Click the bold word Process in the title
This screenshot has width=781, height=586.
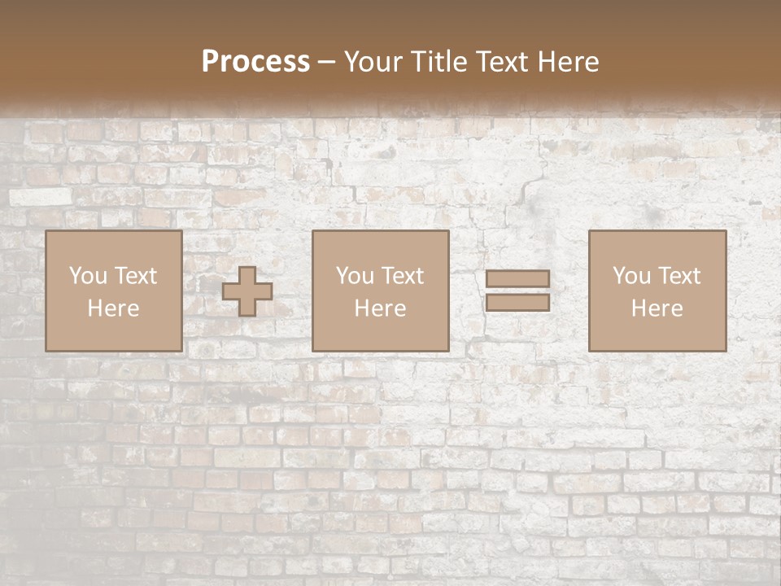click(x=255, y=61)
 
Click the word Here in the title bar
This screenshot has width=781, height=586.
click(x=569, y=61)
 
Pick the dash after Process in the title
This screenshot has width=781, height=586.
click(x=326, y=63)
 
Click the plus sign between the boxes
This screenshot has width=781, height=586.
click(x=247, y=291)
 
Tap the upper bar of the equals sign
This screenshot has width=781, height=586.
click(x=517, y=278)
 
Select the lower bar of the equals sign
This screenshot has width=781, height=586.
click(x=517, y=303)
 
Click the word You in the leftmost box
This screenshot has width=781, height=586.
click(x=88, y=276)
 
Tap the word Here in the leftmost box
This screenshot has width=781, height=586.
click(x=113, y=308)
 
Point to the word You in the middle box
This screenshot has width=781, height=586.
click(x=355, y=276)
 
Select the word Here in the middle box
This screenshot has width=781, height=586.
click(x=380, y=308)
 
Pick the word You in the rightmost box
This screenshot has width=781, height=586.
click(x=631, y=276)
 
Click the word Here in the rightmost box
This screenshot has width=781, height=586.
click(x=657, y=308)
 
